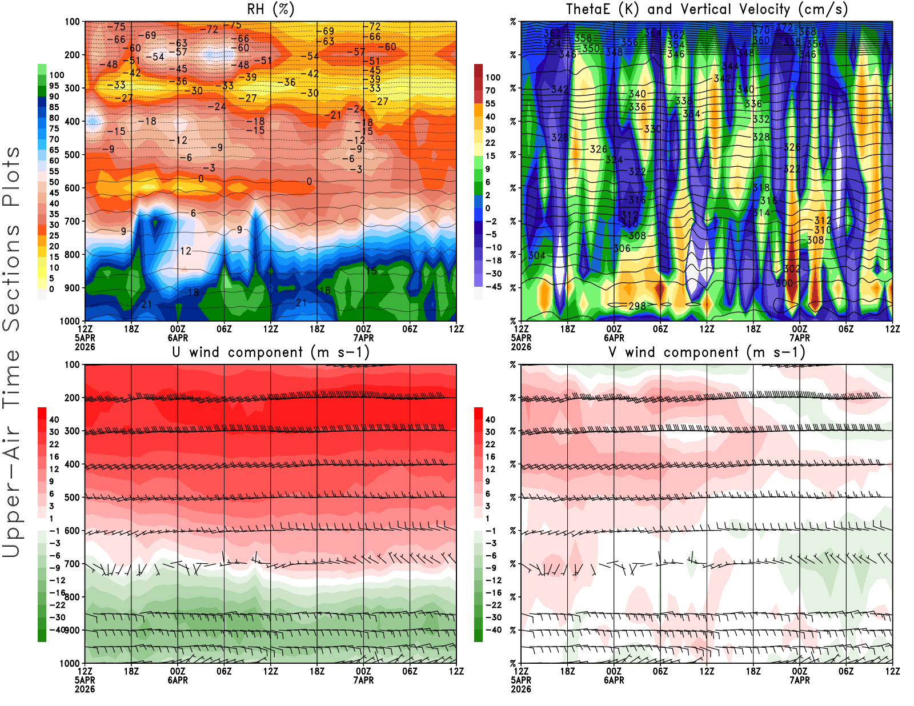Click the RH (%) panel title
(271, 9)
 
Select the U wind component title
(271, 352)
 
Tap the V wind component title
(707, 352)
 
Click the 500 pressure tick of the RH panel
(72, 154)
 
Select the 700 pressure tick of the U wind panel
(72, 564)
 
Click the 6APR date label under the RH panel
(178, 338)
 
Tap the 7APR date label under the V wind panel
(799, 680)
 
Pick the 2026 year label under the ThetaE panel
(521, 347)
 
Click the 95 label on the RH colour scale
(54, 86)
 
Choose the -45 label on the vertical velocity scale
(493, 287)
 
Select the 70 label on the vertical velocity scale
(490, 90)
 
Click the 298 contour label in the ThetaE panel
(637, 306)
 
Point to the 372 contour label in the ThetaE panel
(784, 27)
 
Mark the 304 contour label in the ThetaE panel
(536, 255)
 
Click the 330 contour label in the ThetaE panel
(652, 129)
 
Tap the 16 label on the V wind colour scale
(490, 456)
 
